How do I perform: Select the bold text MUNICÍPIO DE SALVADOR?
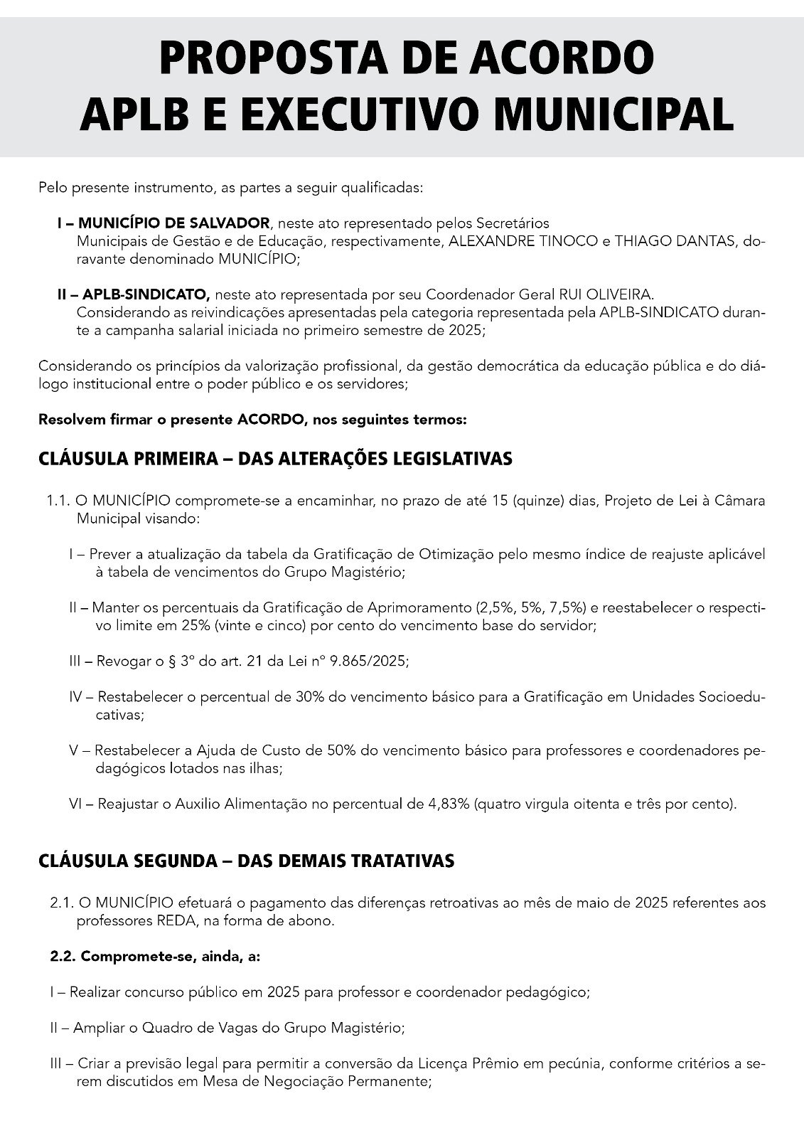click(173, 223)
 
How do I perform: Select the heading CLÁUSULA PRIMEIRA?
click(124, 459)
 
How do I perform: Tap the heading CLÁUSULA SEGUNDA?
click(124, 861)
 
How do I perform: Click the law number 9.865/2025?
click(368, 661)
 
